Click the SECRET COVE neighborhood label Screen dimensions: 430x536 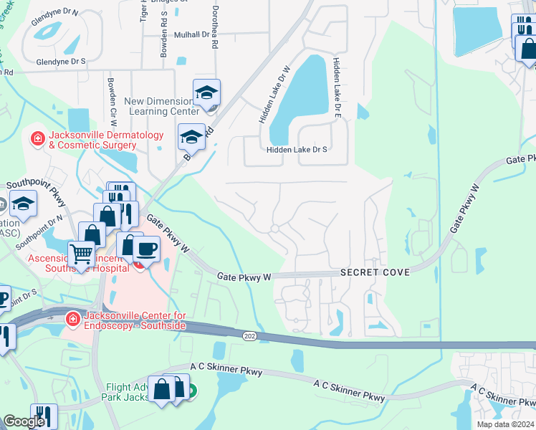[375, 273]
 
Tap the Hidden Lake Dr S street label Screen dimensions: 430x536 [297, 150]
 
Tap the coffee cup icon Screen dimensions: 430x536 [146, 249]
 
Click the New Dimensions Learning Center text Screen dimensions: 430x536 [162, 106]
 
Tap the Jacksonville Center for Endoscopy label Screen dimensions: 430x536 [135, 320]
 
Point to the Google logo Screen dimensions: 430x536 [24, 422]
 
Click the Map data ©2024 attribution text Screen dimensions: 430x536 [505, 424]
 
